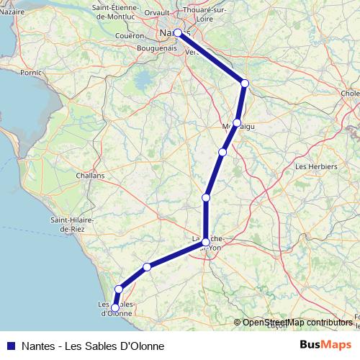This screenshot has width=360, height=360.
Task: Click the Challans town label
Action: point(91,175)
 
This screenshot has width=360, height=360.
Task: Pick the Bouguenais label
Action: point(157,48)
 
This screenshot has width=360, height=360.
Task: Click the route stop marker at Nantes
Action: point(178,32)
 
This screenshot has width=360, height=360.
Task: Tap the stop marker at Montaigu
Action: point(237,123)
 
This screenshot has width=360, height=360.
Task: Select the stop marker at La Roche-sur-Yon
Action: point(206,242)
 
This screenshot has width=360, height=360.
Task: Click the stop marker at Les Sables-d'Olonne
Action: point(115,308)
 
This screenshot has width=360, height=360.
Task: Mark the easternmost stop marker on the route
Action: point(245,84)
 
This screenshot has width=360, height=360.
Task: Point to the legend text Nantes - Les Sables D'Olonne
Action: point(87,346)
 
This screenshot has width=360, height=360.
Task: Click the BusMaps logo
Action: point(325,345)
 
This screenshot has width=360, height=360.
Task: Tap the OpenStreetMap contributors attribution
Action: point(297,323)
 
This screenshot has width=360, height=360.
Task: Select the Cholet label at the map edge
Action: point(351,93)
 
